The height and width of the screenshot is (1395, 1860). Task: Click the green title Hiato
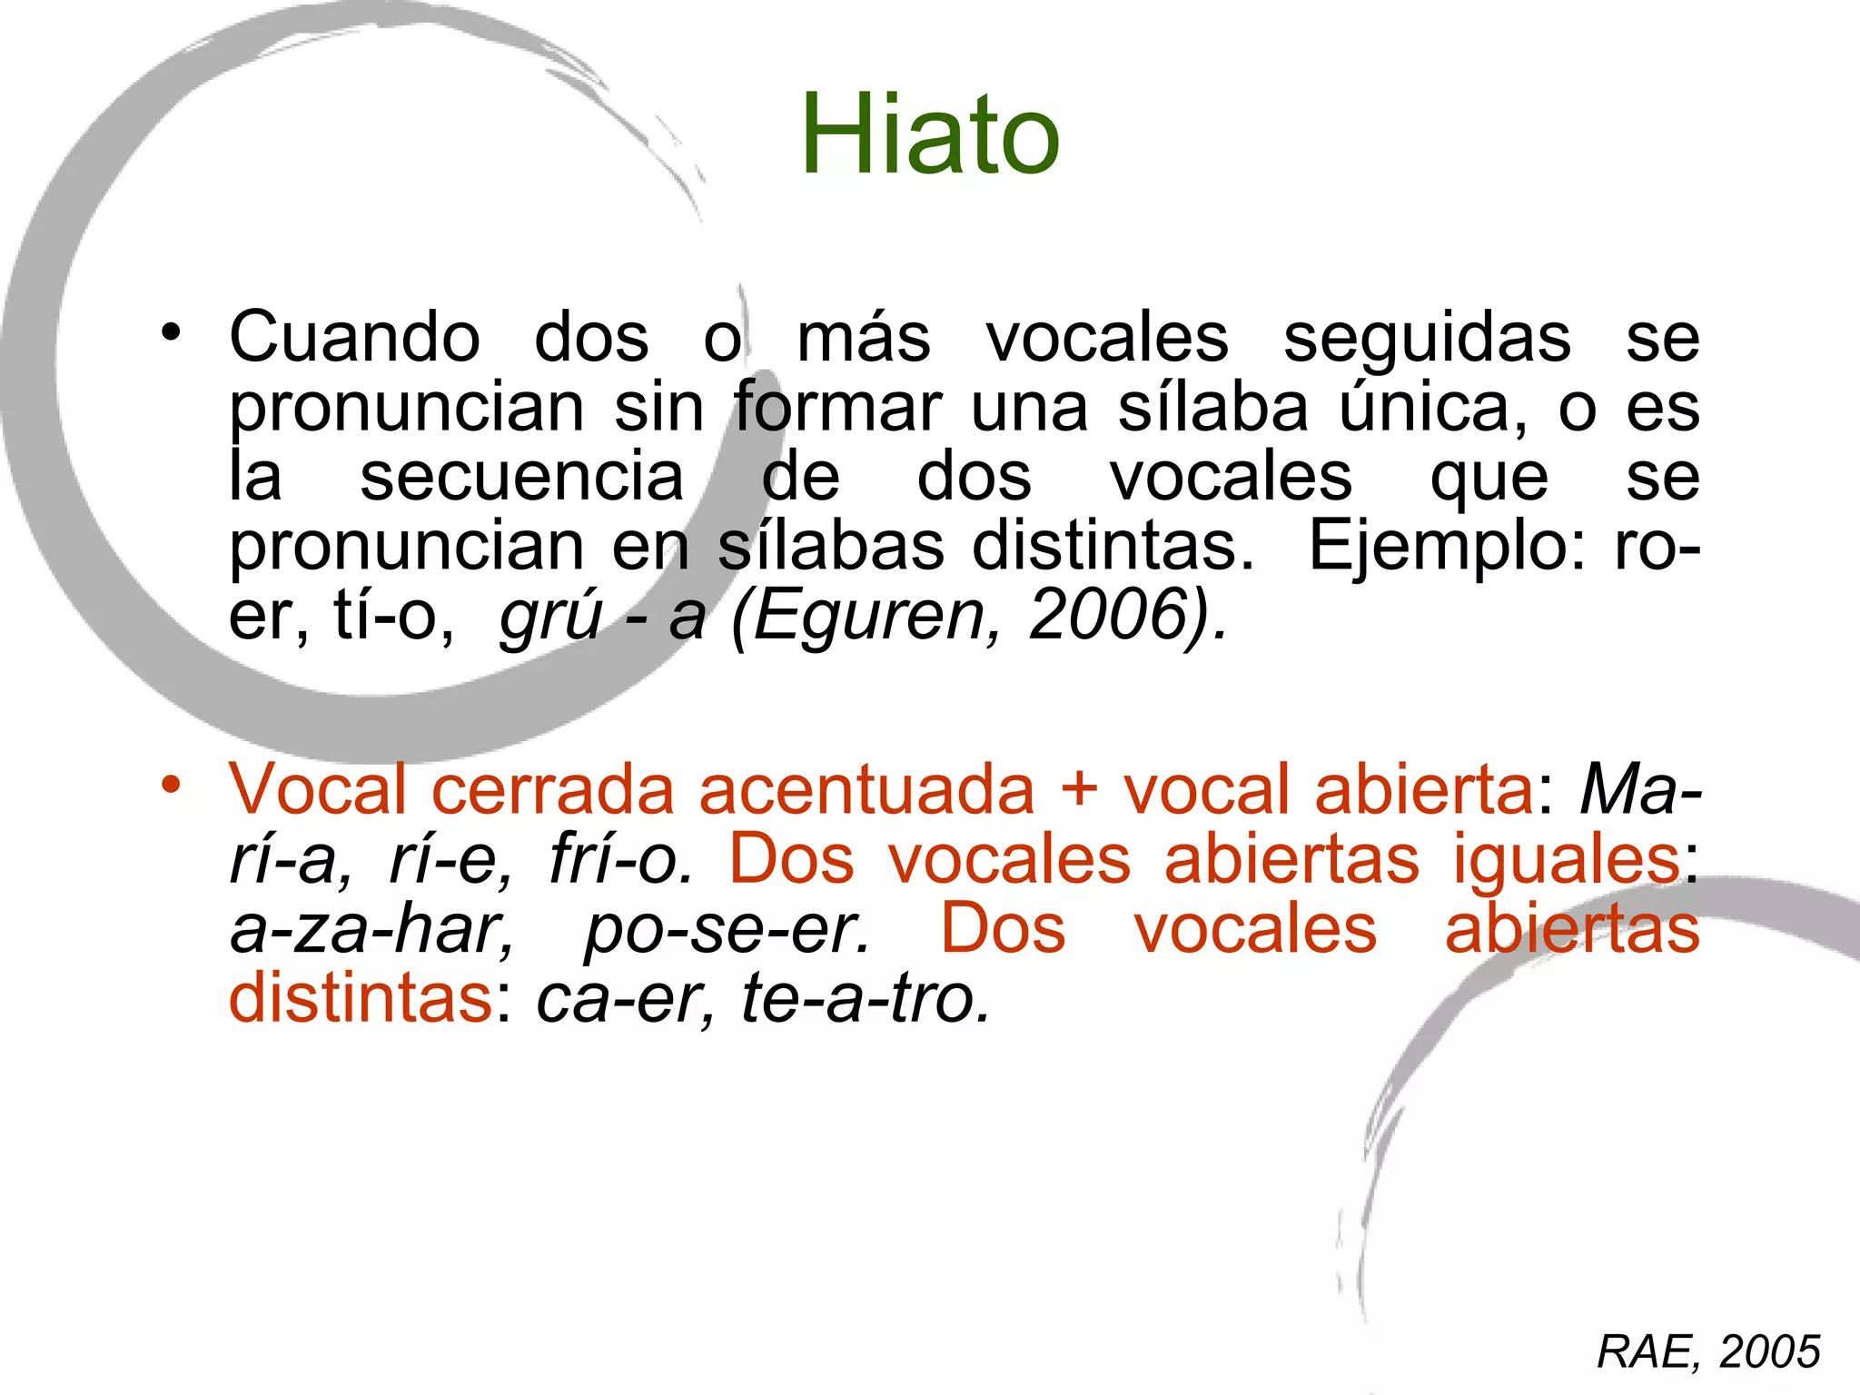929,136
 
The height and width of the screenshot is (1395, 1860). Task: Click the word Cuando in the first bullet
354,338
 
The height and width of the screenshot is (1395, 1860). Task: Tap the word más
863,338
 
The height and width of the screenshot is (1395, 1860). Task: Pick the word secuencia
521,477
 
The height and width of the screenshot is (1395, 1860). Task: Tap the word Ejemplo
1444,548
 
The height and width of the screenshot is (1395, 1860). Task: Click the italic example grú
550,617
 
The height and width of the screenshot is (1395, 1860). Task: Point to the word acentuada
866,789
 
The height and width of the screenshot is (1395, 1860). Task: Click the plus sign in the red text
1079,789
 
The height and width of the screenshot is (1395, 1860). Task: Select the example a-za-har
371,929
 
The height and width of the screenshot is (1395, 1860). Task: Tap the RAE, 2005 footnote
1707,1351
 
